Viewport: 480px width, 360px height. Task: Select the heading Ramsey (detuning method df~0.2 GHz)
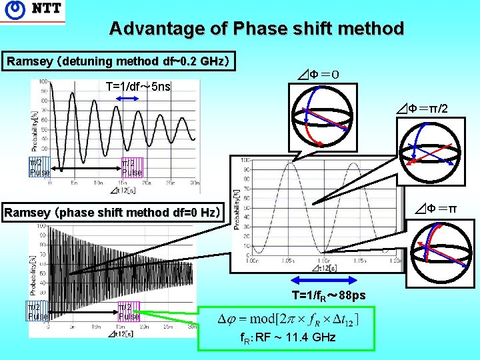pyautogui.click(x=118, y=61)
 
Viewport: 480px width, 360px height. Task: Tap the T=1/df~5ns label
pyautogui.click(x=138, y=87)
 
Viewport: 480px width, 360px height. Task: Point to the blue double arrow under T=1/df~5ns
pyautogui.click(x=127, y=99)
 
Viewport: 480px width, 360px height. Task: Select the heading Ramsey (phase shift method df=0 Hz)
pyautogui.click(x=111, y=213)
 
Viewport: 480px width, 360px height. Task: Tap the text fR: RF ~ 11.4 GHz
pyautogui.click(x=288, y=338)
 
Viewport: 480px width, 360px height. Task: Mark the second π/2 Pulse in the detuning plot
pyautogui.click(x=131, y=167)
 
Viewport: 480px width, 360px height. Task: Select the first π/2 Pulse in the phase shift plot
pyautogui.click(x=37, y=311)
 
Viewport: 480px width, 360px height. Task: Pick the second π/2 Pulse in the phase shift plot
pyautogui.click(x=129, y=311)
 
